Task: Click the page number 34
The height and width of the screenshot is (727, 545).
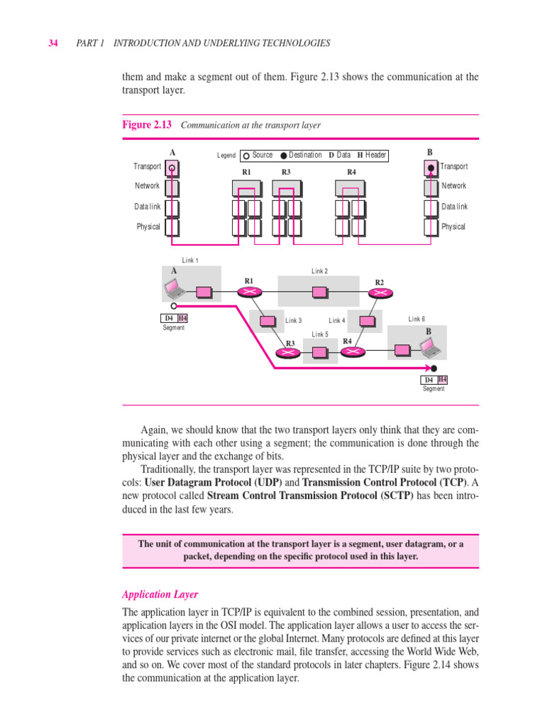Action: pyautogui.click(x=53, y=43)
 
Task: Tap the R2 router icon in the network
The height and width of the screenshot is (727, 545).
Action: pyautogui.click(x=380, y=293)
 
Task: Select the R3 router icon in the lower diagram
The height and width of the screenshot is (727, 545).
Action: pyautogui.click(x=289, y=354)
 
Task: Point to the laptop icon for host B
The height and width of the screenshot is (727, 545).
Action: pyautogui.click(x=427, y=347)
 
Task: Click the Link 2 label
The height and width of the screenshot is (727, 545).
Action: pyautogui.click(x=319, y=271)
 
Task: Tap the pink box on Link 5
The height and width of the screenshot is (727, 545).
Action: pyautogui.click(x=319, y=352)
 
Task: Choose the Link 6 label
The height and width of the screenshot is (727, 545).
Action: pyautogui.click(x=417, y=319)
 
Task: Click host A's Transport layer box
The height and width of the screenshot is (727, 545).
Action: pyautogui.click(x=172, y=168)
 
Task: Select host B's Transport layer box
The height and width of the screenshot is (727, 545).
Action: pyautogui.click(x=431, y=168)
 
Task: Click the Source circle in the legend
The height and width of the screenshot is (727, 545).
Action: pyautogui.click(x=246, y=155)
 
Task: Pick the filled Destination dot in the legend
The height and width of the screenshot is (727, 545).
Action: pyautogui.click(x=284, y=155)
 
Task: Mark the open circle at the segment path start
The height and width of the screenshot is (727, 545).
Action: pyautogui.click(x=173, y=305)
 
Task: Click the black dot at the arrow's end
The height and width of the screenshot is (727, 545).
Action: pyautogui.click(x=434, y=368)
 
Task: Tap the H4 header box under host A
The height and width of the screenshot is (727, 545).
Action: pyautogui.click(x=182, y=319)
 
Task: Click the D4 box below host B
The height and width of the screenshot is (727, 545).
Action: pyautogui.click(x=429, y=380)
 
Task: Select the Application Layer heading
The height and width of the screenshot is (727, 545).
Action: pyautogui.click(x=160, y=594)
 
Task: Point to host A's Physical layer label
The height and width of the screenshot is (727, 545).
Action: pyautogui.click(x=148, y=227)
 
